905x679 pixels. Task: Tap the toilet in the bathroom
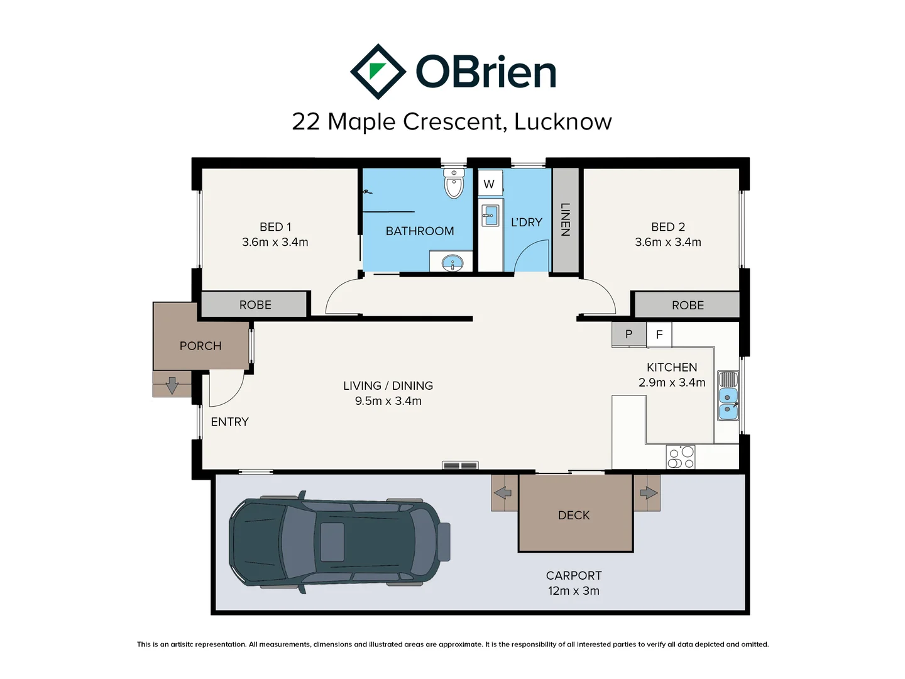(454, 183)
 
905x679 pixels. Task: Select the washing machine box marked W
(490, 184)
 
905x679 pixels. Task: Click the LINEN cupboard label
(565, 219)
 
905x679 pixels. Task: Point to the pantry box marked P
(628, 334)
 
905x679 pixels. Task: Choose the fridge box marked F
(659, 334)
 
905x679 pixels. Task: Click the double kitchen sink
(728, 396)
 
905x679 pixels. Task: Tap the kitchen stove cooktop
(680, 457)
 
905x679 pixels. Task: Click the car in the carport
(339, 542)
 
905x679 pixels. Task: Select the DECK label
(574, 515)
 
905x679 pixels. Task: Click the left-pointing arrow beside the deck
(503, 492)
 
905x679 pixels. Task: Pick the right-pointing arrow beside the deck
(649, 492)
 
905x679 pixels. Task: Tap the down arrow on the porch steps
(172, 385)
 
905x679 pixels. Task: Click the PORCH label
(200, 346)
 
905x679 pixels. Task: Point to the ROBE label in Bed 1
(255, 305)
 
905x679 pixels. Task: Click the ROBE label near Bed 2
(688, 305)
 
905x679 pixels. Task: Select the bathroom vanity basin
(452, 263)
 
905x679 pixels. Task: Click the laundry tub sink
(490, 216)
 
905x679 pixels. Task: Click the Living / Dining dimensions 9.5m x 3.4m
(388, 400)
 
